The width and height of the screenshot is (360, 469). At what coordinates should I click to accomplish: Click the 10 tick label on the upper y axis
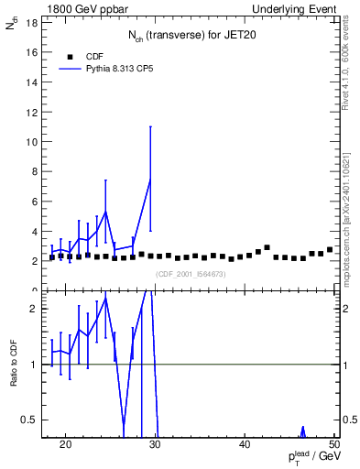point(30,142)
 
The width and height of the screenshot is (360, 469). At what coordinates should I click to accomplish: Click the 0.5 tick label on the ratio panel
point(28,420)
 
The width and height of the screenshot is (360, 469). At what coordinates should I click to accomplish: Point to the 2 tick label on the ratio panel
point(33,309)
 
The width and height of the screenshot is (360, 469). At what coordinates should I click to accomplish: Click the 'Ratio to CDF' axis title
point(14,364)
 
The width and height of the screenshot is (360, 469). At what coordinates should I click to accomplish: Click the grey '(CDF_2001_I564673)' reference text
point(191,274)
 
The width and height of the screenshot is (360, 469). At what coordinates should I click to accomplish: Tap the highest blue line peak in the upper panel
point(150,180)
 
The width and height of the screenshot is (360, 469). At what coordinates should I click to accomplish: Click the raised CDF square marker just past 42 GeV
point(267,247)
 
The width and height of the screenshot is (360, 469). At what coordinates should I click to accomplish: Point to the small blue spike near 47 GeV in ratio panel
point(302,430)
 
